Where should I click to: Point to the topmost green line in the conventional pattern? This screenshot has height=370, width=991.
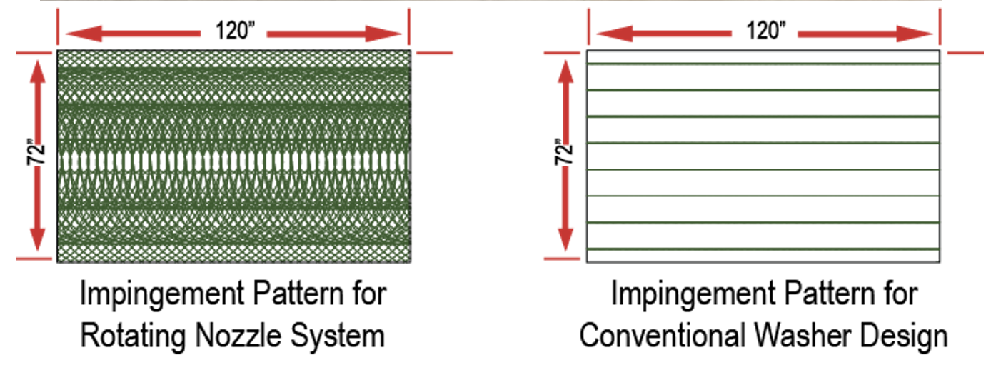763,64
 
